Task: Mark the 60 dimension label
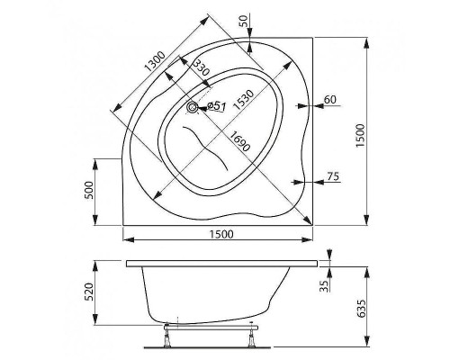tap(329, 99)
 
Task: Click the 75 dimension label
tap(333, 176)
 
